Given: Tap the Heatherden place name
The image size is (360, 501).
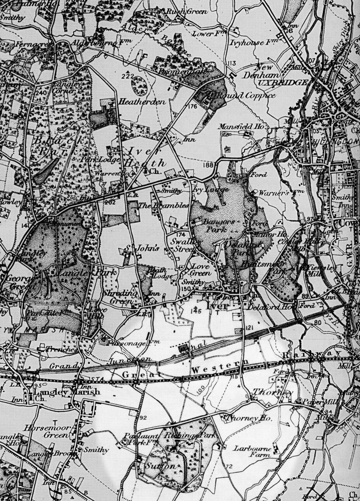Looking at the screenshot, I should pos(136,101).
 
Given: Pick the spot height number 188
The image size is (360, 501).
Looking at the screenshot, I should pos(208,165).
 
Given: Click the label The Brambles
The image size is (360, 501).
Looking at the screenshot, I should pos(157,206).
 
